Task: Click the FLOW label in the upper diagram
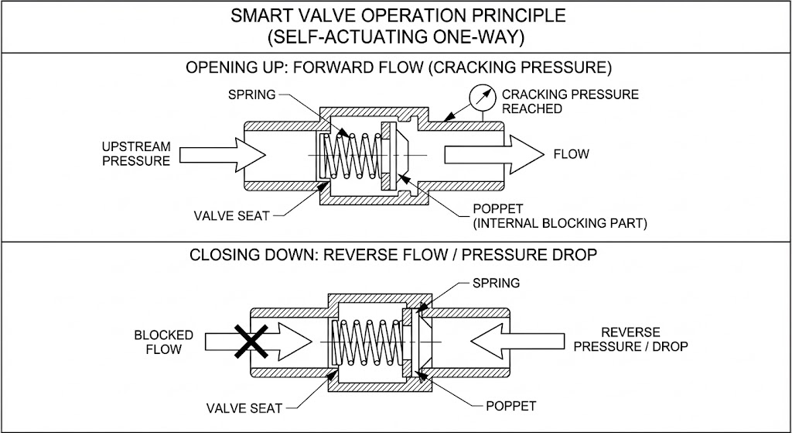coord(571,154)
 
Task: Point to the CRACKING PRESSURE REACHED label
coord(570,101)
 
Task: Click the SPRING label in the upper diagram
coord(251,95)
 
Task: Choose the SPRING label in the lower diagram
coord(496,284)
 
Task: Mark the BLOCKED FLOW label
coord(163,342)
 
